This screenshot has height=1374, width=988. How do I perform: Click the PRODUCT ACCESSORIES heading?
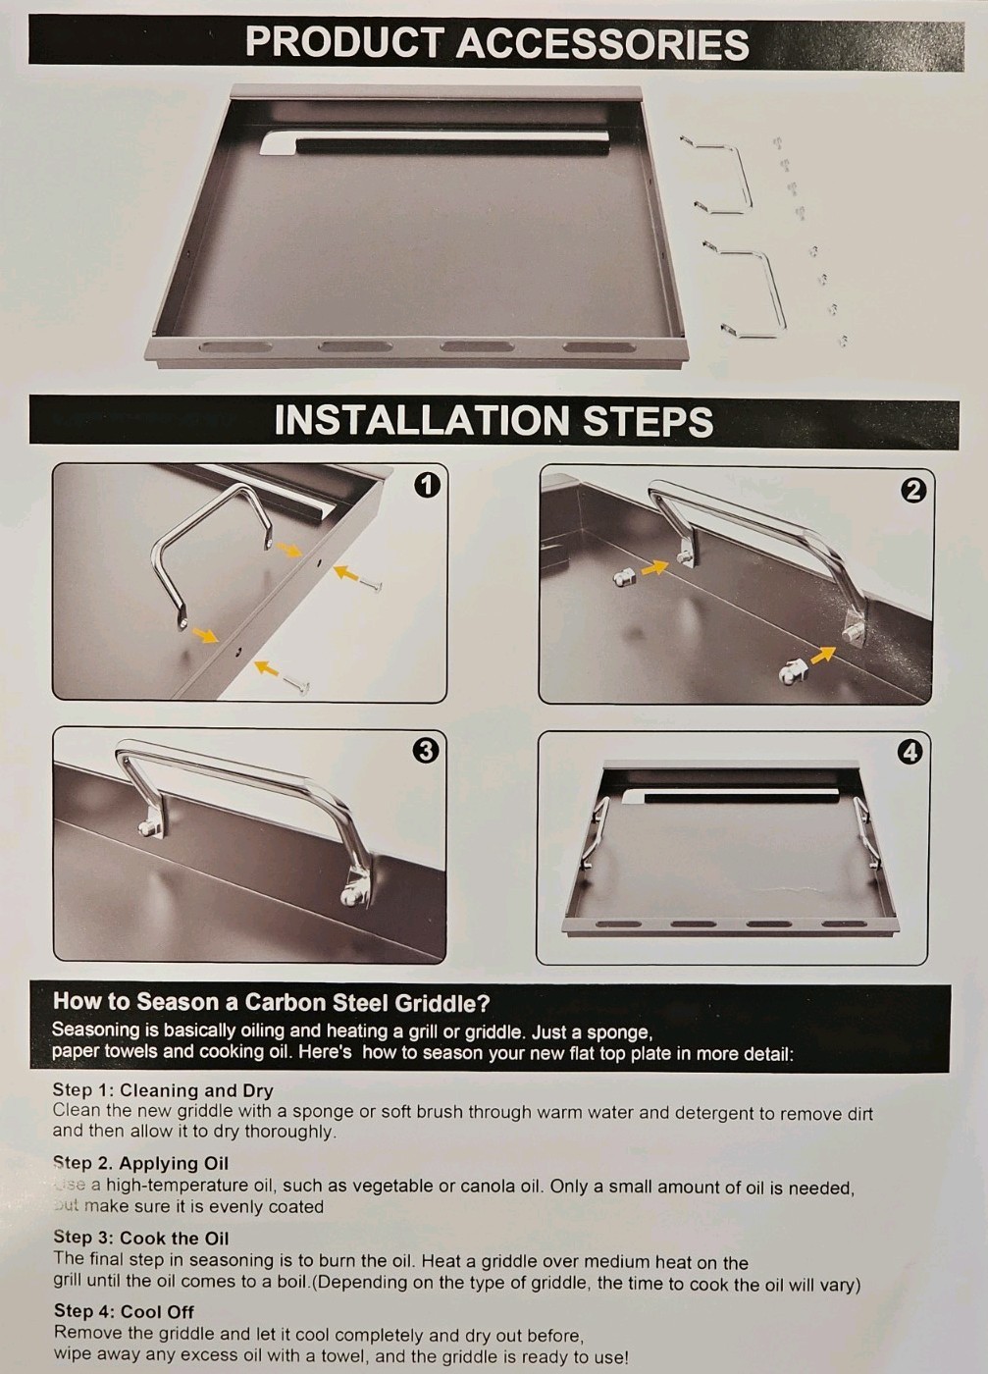(x=496, y=43)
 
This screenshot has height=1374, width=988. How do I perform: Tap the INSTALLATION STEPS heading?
(x=494, y=421)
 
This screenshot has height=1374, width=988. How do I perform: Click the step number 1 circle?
(x=427, y=485)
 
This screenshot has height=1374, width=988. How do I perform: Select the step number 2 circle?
(x=912, y=490)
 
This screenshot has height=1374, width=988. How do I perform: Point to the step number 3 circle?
(x=425, y=751)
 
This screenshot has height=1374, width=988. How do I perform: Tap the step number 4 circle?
(x=910, y=753)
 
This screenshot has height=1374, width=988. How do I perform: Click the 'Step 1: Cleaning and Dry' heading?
(x=163, y=1090)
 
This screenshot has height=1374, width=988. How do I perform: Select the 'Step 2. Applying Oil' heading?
(x=140, y=1163)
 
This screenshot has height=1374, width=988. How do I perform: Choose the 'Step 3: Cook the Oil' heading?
(x=140, y=1238)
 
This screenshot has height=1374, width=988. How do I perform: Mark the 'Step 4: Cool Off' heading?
(x=124, y=1311)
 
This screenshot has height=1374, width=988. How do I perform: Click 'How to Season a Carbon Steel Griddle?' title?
(x=271, y=1002)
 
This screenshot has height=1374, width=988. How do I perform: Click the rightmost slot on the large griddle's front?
(x=598, y=347)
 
